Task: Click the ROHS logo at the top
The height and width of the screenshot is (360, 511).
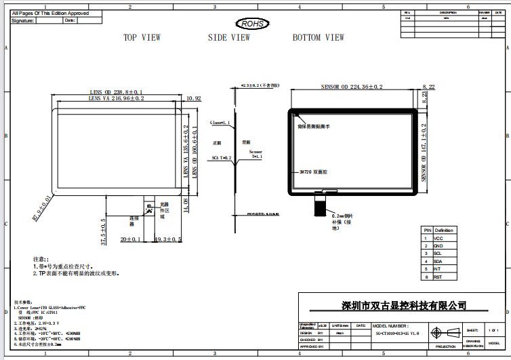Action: tap(253, 24)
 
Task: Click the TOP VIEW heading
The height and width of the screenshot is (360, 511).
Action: tap(142, 38)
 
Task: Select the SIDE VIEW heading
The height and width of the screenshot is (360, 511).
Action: tap(228, 38)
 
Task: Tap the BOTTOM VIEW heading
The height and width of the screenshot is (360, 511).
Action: tap(318, 38)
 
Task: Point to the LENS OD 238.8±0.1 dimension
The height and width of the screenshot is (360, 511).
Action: tap(116, 92)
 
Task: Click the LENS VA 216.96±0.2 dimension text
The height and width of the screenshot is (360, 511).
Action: tap(116, 98)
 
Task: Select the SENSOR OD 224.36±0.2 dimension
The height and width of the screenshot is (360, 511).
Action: tap(352, 87)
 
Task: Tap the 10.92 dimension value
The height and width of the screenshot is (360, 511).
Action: tap(193, 98)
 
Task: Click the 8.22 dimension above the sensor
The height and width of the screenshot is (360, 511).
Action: tap(428, 87)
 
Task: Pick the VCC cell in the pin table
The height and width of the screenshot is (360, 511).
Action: tap(438, 239)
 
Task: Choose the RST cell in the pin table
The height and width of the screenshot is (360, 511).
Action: tap(438, 277)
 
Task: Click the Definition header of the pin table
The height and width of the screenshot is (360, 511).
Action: tap(444, 231)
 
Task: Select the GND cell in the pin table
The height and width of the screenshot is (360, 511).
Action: tap(438, 246)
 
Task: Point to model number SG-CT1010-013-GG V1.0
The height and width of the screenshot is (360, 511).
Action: tap(397, 334)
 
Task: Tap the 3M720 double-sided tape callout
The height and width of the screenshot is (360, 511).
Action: tap(313, 172)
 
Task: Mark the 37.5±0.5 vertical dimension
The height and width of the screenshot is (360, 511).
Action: tap(104, 231)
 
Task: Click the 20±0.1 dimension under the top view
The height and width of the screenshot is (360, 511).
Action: tap(130, 239)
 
